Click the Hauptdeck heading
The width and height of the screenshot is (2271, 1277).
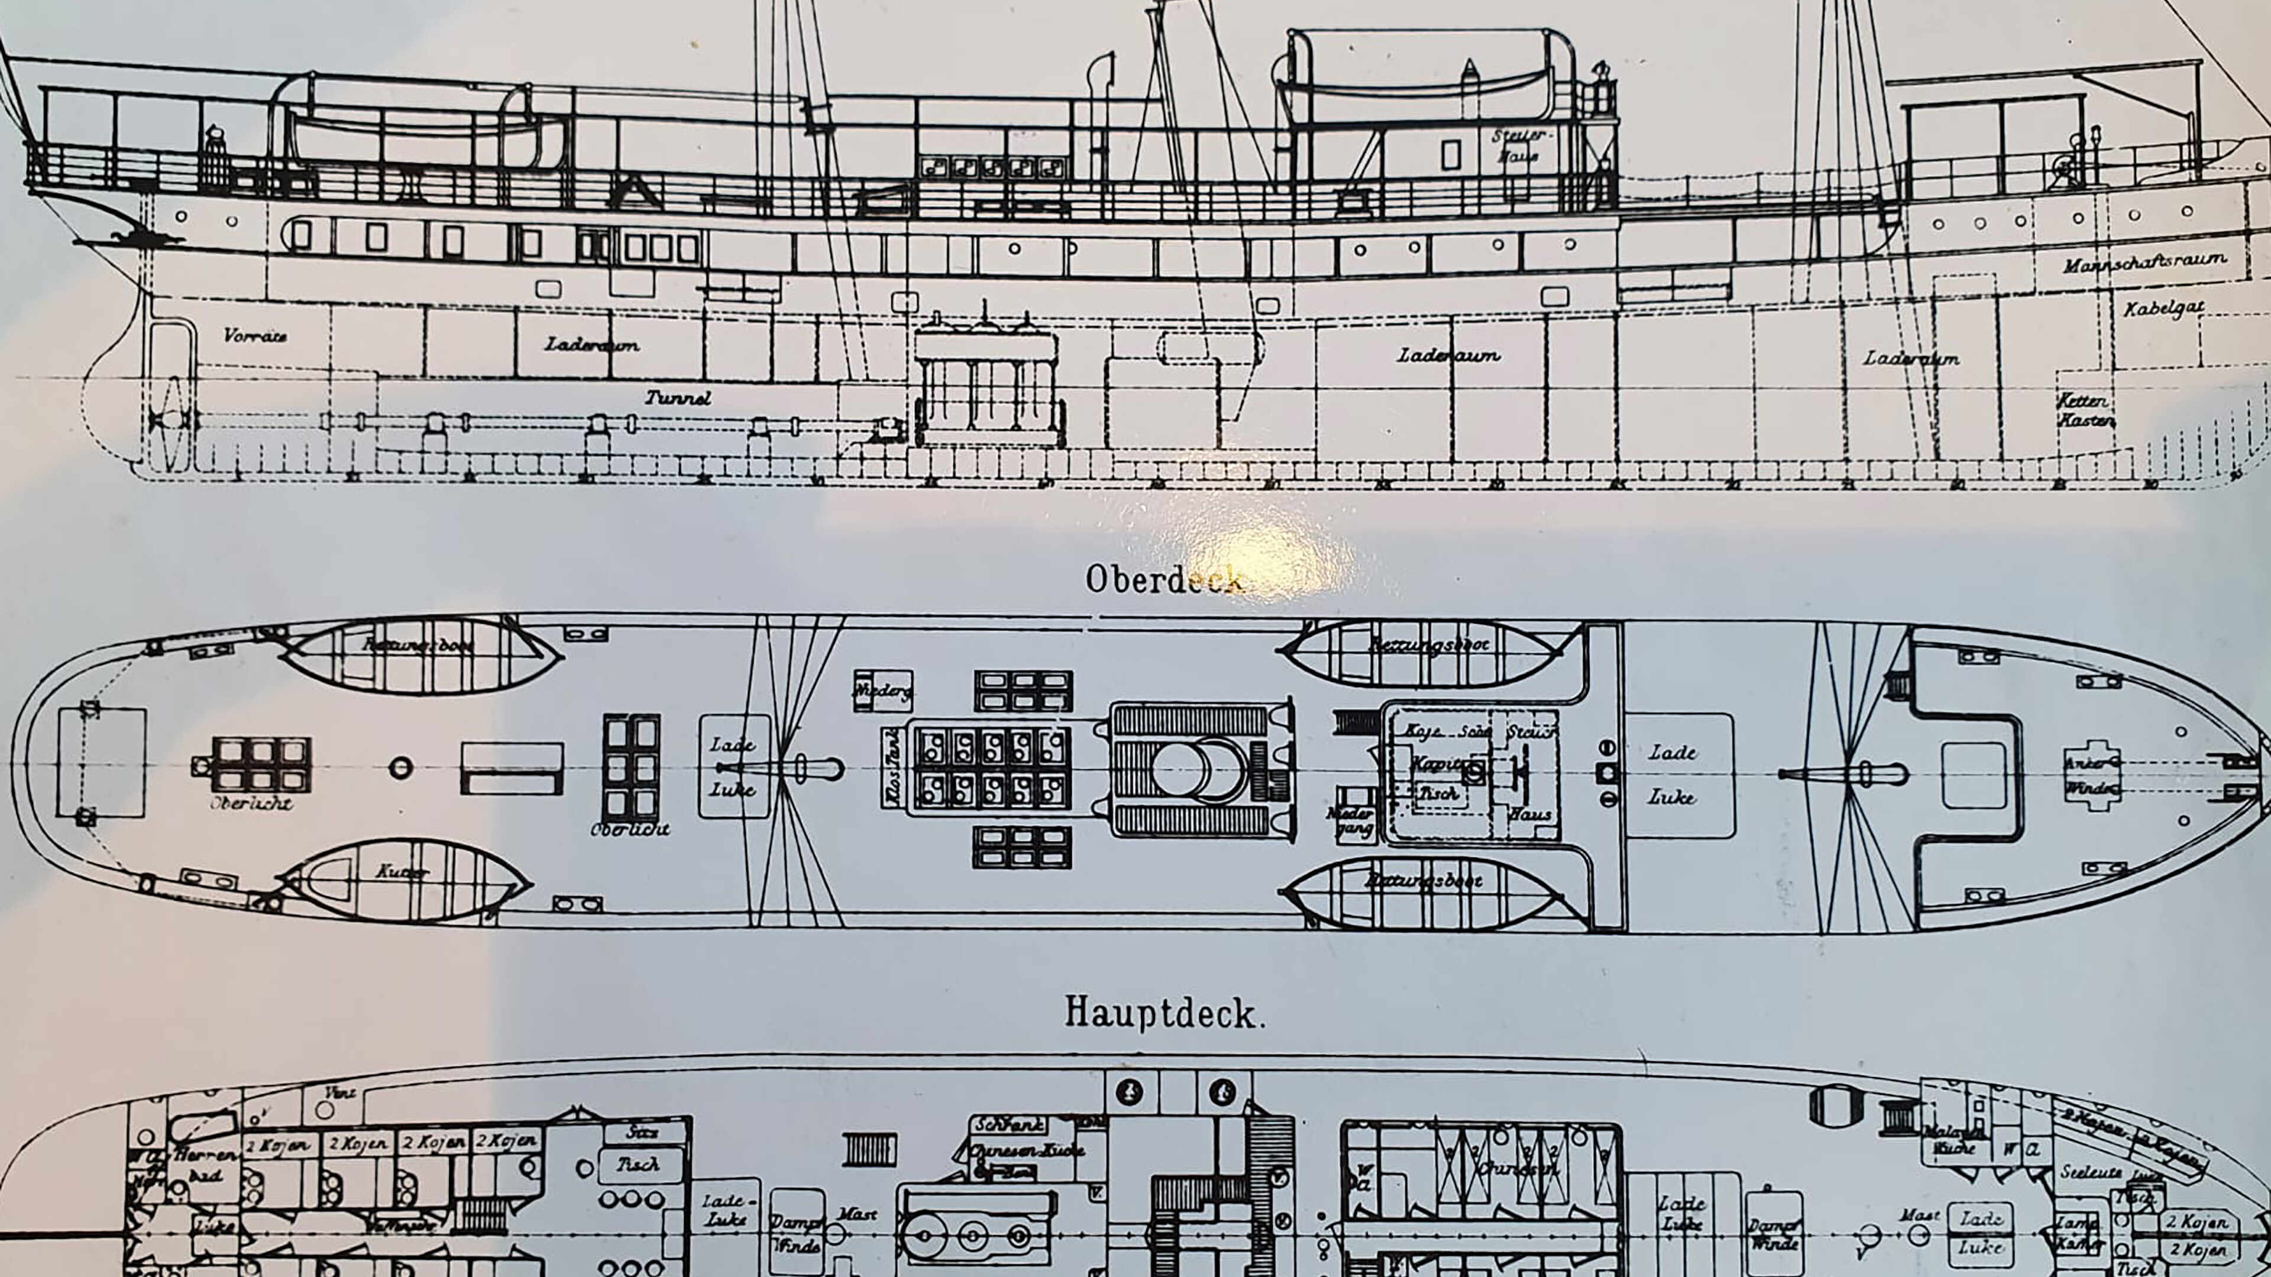coord(1164,1013)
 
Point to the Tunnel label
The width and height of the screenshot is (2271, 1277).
coord(677,397)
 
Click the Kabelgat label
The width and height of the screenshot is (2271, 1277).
coord(2163,309)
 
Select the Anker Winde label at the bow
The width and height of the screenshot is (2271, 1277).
coord(2092,776)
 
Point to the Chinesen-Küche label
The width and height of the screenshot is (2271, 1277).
coord(1027,1150)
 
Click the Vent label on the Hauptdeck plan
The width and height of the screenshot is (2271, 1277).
coord(339,1093)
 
